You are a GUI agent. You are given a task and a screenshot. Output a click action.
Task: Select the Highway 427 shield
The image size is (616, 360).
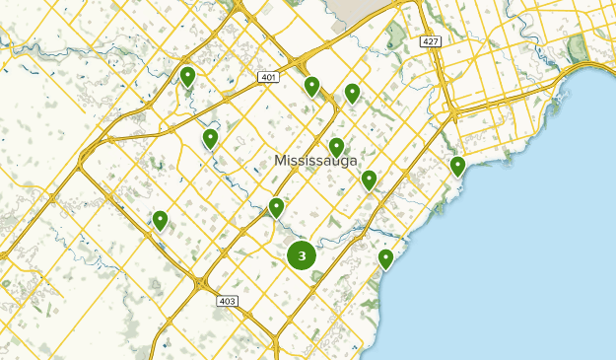(429, 41)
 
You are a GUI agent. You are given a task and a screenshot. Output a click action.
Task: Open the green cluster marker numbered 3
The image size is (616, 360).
(302, 255)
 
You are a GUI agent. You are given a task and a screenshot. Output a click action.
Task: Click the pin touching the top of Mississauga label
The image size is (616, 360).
(336, 147)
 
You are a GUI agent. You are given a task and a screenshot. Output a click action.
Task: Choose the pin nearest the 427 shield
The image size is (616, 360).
(352, 93)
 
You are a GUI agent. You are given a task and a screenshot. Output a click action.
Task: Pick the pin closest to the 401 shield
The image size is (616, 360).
(311, 86)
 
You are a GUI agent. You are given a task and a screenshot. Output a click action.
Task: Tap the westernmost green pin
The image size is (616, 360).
(160, 220)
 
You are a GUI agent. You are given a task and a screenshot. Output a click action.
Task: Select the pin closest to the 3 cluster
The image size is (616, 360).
(276, 207)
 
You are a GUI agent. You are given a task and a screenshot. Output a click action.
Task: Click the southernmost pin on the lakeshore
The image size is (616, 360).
(385, 258)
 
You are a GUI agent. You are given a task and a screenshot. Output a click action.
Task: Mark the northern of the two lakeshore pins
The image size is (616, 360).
(457, 166)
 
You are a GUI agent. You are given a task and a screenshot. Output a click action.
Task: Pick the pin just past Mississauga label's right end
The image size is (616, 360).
(369, 180)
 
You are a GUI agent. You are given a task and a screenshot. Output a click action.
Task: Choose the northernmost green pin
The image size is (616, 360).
(187, 76)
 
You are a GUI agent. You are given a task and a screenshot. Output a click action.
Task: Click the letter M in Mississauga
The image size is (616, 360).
(281, 161)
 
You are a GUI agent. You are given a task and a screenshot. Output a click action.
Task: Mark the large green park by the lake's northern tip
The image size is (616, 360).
(575, 47)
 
